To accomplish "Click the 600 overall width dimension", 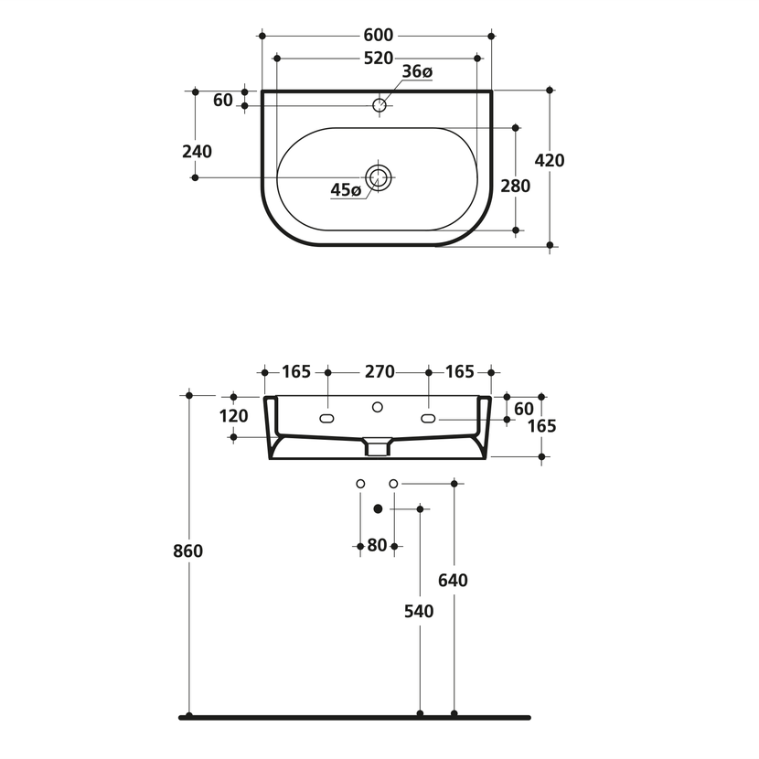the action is [378, 36].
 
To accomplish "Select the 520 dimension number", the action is [378, 59].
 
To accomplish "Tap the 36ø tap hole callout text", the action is [417, 71].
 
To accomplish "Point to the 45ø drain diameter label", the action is [346, 190].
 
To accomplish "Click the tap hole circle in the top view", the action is [379, 104].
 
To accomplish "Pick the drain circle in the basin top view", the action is [378, 177].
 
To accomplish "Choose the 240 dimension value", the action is [197, 152].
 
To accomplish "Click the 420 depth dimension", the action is [550, 160].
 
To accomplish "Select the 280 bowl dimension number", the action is [515, 186].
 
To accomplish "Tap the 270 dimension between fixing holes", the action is [379, 372].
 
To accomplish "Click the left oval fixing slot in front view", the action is [326, 419].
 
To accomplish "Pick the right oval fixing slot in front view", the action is [428, 419].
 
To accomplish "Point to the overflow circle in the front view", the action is [378, 408].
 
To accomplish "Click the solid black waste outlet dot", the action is [378, 508].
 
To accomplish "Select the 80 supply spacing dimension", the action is [377, 546].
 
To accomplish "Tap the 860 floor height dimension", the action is [187, 551].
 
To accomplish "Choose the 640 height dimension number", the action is [453, 581].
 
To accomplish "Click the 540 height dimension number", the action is [419, 612].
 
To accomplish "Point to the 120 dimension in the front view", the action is [234, 416].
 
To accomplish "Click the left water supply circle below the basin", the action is [360, 484].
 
